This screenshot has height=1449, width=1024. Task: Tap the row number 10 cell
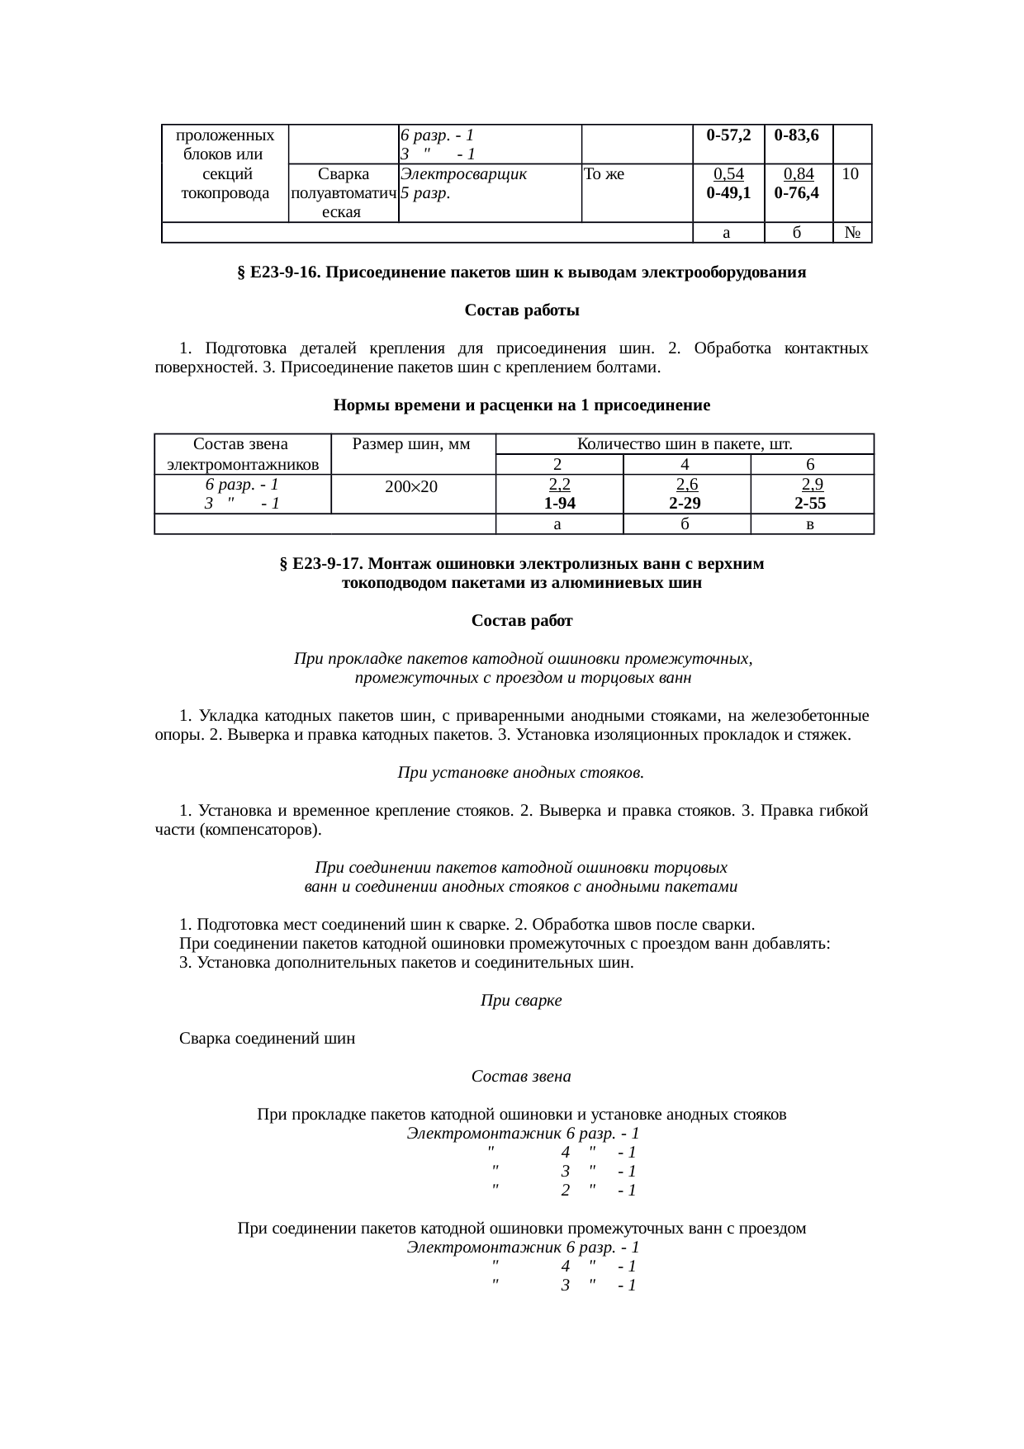[x=851, y=174]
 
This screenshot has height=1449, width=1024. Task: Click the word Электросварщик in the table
[x=463, y=174]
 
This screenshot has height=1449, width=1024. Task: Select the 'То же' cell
[x=603, y=174]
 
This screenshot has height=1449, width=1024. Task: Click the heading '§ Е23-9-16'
[x=521, y=272]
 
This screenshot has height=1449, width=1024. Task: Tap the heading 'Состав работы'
[x=521, y=311]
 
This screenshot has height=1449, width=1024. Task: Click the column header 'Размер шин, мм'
[x=410, y=445]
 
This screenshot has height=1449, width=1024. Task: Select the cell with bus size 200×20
[x=411, y=487]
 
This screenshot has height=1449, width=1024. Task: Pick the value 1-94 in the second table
[x=559, y=504]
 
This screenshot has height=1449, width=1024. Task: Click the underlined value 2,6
[x=686, y=485]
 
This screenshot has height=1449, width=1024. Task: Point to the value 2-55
[x=811, y=504]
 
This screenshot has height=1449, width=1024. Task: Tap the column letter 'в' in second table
[x=812, y=524]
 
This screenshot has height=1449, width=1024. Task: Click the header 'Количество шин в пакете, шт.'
[x=685, y=444]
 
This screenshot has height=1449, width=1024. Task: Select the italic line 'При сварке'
[x=521, y=1001]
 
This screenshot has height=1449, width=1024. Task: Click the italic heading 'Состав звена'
[x=521, y=1077]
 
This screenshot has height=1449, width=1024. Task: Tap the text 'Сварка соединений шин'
[x=268, y=1039]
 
